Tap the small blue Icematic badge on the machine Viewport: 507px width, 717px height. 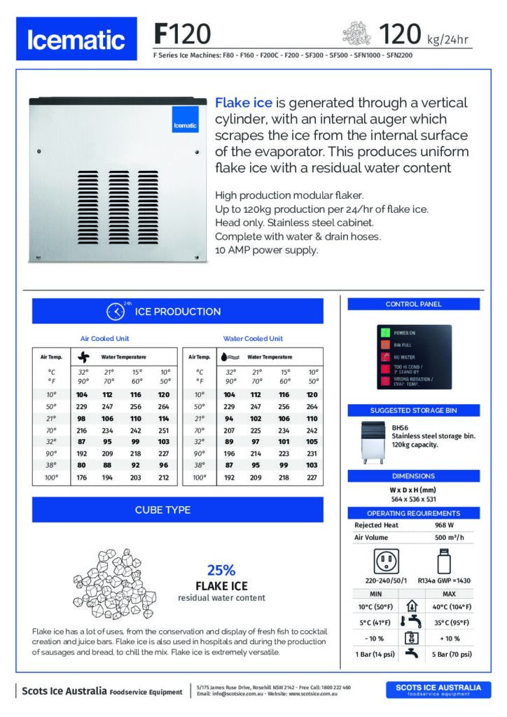click(186, 124)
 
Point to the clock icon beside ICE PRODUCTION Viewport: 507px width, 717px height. click(115, 311)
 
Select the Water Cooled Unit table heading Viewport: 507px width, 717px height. click(253, 338)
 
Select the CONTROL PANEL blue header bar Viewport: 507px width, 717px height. click(412, 304)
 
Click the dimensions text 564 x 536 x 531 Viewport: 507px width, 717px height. click(412, 499)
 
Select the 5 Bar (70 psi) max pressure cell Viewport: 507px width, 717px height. click(450, 654)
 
